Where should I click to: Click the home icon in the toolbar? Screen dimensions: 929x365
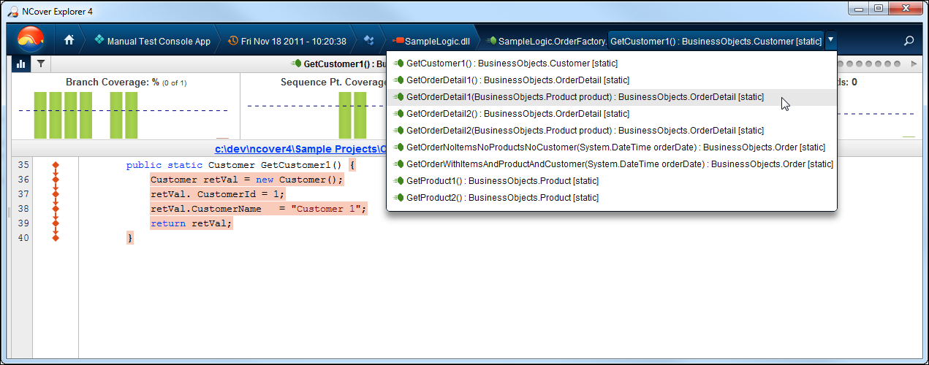click(x=69, y=40)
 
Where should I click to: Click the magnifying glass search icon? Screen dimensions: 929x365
click(x=909, y=41)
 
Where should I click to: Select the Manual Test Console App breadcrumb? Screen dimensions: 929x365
click(x=153, y=41)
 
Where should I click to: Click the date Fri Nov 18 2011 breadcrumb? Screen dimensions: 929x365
click(x=287, y=41)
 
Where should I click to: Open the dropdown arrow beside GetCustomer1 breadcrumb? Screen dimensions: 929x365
click(x=831, y=39)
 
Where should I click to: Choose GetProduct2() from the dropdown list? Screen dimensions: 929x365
click(x=502, y=198)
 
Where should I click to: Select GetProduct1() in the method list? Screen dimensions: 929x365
click(x=502, y=180)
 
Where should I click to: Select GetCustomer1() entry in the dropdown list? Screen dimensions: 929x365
click(x=512, y=64)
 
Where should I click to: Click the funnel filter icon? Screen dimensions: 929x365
click(x=41, y=64)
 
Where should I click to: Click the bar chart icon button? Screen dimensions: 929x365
click(x=20, y=64)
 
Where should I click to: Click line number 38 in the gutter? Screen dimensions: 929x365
click(x=23, y=208)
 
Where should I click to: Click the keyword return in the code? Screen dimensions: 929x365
click(x=168, y=223)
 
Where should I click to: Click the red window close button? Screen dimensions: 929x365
click(x=906, y=8)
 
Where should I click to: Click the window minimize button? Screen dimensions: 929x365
click(x=859, y=9)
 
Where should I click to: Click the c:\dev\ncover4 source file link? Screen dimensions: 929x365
click(x=300, y=149)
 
